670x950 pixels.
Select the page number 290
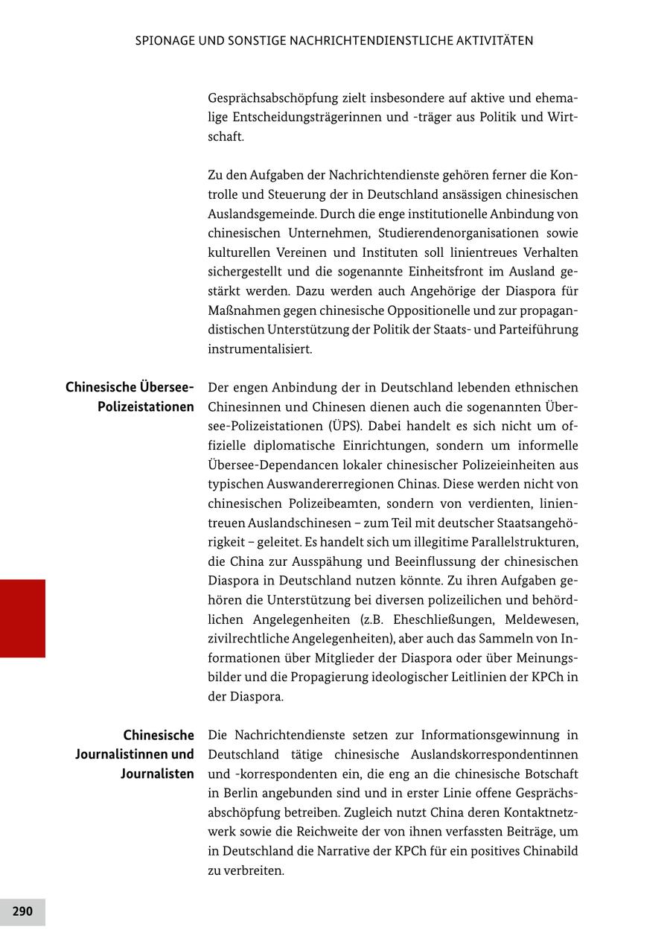point(22,911)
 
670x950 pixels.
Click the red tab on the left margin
point(22,618)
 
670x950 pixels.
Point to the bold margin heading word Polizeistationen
point(145,407)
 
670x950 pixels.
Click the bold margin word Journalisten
point(157,774)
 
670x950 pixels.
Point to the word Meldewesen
point(541,619)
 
